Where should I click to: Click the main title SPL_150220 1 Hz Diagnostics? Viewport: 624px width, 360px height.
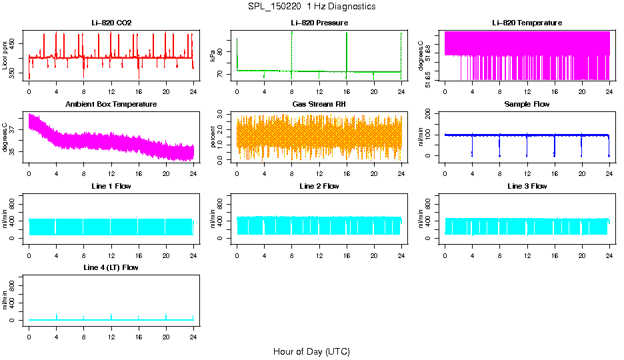coord(312,6)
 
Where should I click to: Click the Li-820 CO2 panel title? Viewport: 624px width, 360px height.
coord(111,23)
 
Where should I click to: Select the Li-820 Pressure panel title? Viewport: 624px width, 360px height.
coord(319,23)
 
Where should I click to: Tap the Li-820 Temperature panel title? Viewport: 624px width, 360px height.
coord(527,23)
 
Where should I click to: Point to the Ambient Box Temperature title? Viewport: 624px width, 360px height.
coord(111,105)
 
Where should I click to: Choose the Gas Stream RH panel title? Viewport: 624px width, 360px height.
coord(319,105)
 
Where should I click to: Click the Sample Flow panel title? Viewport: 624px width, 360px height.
coord(527,105)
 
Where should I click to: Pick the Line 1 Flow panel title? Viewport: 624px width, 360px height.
coord(111,186)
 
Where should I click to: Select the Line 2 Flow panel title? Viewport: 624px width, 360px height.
coord(319,186)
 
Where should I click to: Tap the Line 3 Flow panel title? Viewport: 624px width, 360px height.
coord(527,186)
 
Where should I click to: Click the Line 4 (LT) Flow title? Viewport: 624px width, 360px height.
coord(111,267)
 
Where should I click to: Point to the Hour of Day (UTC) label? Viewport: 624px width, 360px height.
coord(311,351)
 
